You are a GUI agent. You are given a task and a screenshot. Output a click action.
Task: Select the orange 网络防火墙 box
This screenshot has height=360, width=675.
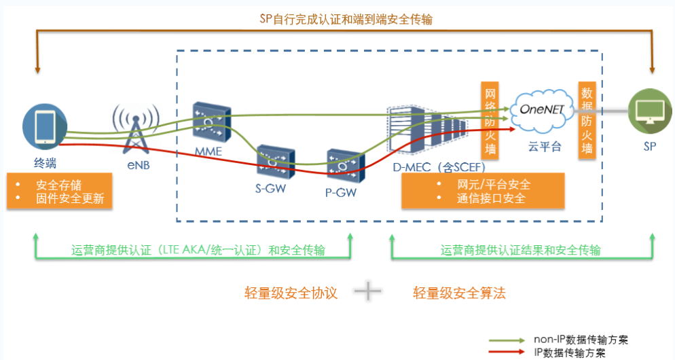tap(490, 120)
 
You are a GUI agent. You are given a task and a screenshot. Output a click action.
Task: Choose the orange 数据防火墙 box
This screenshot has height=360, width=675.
tap(585, 120)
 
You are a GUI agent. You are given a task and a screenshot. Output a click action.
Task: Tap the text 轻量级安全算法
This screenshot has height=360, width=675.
tap(460, 293)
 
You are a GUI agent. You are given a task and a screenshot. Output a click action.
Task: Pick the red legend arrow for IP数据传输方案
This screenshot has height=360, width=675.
tap(507, 352)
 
